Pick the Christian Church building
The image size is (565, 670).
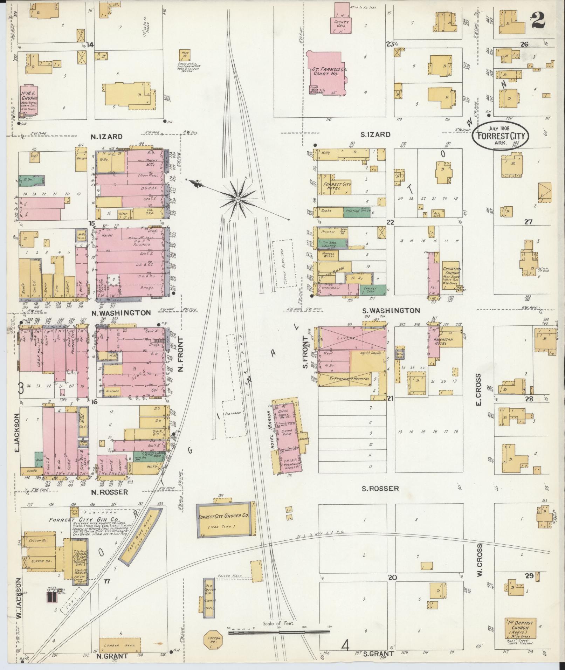point(452,275)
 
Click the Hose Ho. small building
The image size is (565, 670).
point(185,54)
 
